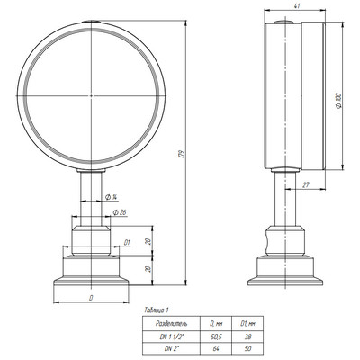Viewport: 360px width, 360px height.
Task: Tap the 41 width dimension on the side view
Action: coord(296,7)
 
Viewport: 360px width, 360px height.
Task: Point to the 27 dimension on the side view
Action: coord(306,184)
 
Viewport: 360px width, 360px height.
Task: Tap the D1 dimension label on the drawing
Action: coord(128,241)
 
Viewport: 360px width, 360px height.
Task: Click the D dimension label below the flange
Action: coord(91,296)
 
